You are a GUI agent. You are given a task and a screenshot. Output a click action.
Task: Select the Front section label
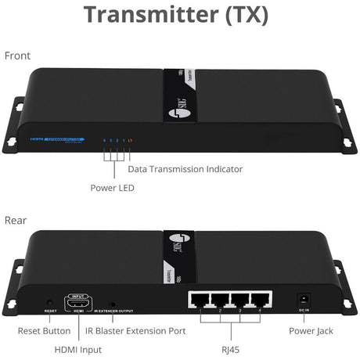click(x=18, y=56)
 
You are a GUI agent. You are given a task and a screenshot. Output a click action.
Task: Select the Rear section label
click(x=16, y=221)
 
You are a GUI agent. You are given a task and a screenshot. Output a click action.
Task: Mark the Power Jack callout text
click(x=311, y=331)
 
